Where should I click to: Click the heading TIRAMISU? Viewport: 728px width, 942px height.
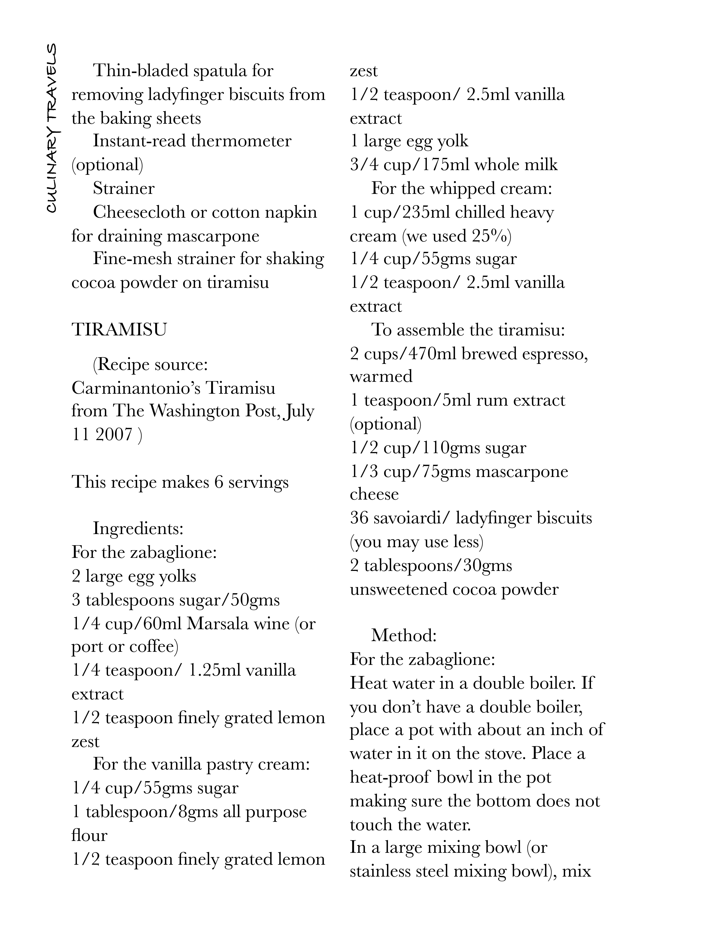pos(119,330)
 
